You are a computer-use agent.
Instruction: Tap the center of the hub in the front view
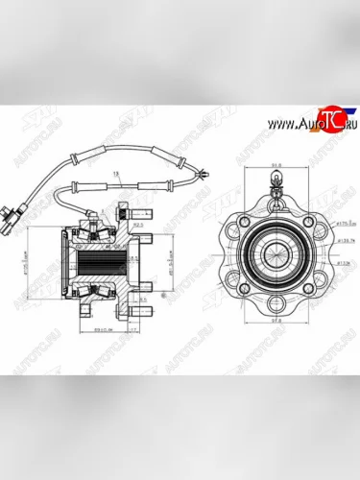point(275,252)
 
